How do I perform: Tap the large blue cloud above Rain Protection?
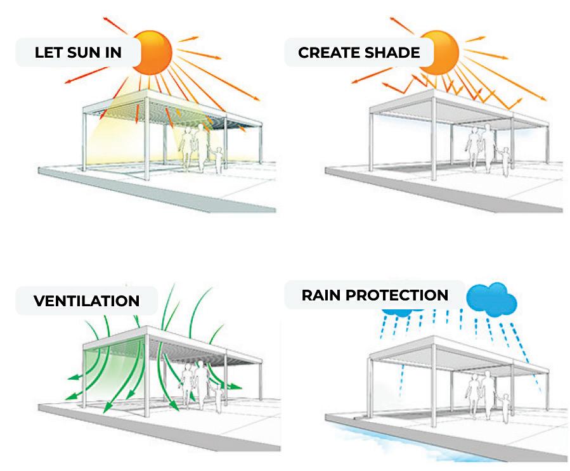point(492,299)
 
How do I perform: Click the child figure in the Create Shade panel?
point(505,160)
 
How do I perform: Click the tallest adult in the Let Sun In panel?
point(202,147)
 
